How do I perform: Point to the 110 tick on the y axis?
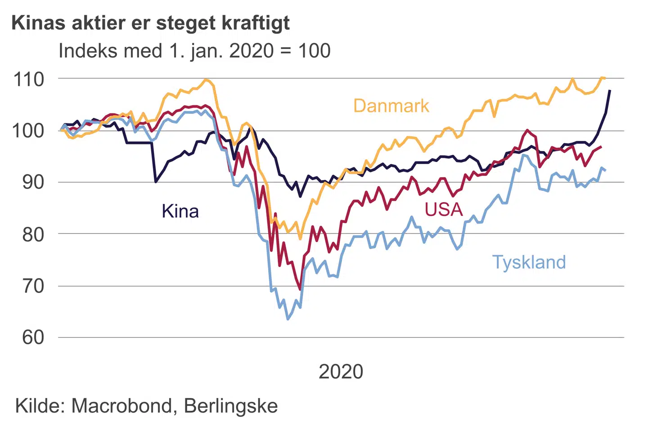[x=29, y=79]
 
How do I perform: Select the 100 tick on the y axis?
[x=29, y=131]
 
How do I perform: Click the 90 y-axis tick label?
[x=33, y=182]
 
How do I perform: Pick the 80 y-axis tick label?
[x=33, y=234]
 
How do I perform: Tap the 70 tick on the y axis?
[x=33, y=286]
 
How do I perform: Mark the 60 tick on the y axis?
[x=33, y=337]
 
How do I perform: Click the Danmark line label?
[x=391, y=106]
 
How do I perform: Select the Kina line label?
[x=180, y=211]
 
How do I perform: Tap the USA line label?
[x=444, y=209]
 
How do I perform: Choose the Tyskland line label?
[x=529, y=262]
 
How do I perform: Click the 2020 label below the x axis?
[x=341, y=372]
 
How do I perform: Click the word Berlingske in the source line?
[x=231, y=406]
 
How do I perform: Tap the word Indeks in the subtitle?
[x=85, y=51]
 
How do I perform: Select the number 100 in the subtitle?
[x=314, y=51]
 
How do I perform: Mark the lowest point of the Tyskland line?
[x=288, y=319]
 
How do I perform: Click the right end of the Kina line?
[x=610, y=91]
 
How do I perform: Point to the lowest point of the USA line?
[x=300, y=290]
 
